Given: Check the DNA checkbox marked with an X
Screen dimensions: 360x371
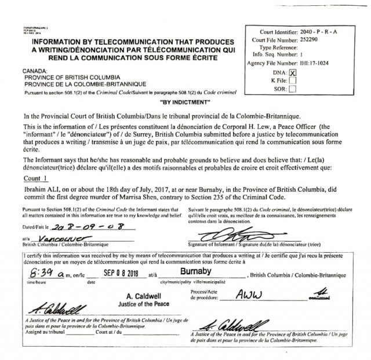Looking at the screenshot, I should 292,72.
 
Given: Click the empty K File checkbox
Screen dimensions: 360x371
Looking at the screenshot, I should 292,81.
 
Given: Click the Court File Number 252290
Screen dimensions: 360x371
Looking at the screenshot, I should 310,40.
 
